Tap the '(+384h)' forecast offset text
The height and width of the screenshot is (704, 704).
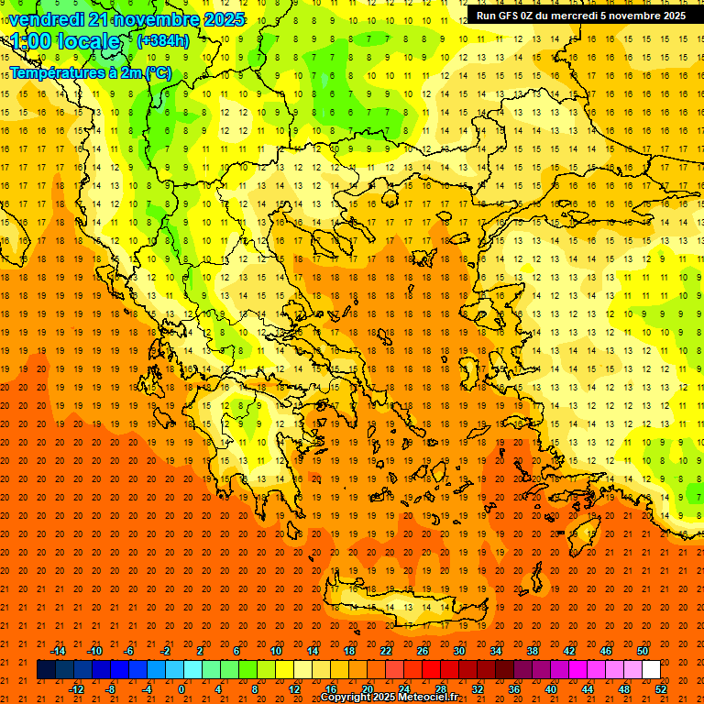(163, 40)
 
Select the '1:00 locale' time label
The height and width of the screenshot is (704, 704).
(66, 41)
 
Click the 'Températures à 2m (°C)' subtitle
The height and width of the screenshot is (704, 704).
(90, 72)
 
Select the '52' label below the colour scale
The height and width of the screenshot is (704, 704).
(661, 689)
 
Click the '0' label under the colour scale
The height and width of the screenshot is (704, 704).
(181, 689)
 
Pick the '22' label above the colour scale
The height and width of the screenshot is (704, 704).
(387, 651)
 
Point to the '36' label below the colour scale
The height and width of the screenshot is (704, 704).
(514, 689)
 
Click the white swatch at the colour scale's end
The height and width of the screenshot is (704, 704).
(651, 670)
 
